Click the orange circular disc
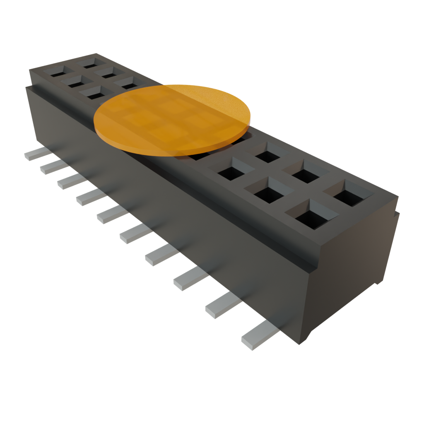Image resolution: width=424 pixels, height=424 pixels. pyautogui.click(x=172, y=119)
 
